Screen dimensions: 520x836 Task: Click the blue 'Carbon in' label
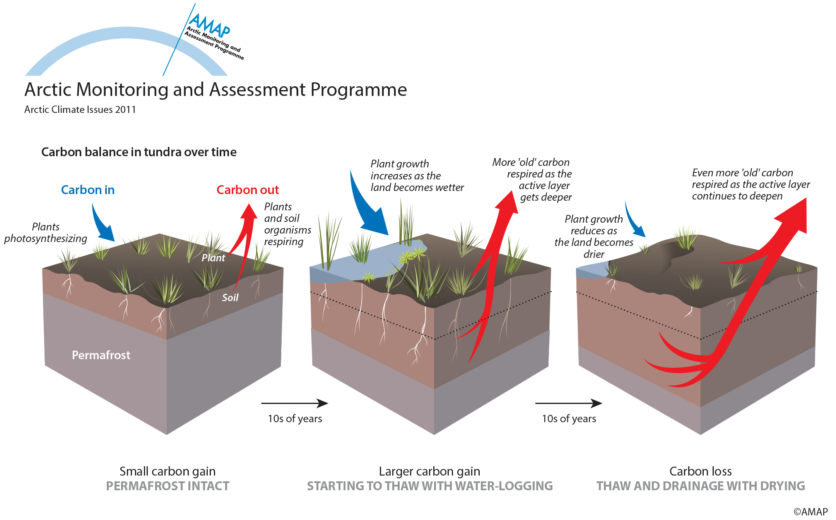88,190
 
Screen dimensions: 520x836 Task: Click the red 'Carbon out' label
248,190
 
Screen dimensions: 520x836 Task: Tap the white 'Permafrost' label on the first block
101,355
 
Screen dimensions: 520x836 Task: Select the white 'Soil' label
230,298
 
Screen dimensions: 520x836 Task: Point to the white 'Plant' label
213,258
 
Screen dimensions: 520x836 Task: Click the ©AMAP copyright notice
810,511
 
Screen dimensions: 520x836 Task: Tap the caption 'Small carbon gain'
168,471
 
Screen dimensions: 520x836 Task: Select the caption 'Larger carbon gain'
429,471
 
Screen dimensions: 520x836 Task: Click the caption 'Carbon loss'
701,471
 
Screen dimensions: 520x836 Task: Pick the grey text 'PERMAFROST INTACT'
168,486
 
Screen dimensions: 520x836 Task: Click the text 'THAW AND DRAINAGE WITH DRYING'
701,486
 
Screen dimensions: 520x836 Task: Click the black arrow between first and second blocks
294,403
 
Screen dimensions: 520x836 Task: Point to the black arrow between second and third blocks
568,403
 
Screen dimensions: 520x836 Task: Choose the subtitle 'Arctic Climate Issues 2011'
80,109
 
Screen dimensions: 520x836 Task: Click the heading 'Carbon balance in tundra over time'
139,152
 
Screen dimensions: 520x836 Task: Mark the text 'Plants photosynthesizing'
46,232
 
